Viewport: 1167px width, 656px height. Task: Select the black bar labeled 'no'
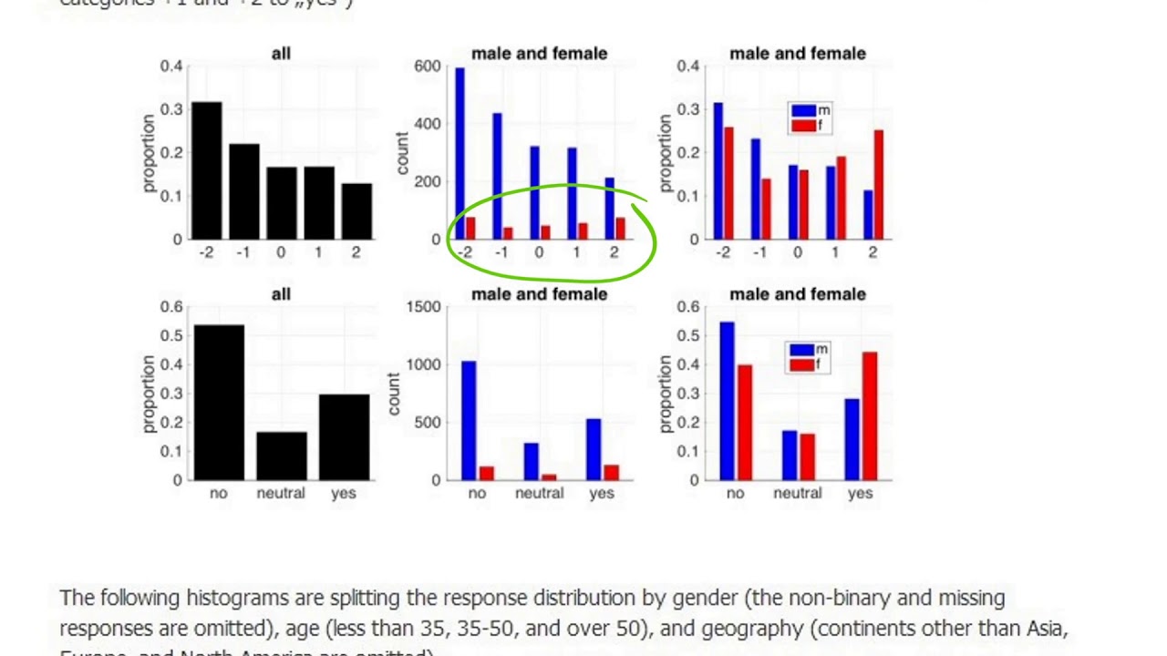[218, 402]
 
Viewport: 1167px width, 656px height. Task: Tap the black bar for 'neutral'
[281, 456]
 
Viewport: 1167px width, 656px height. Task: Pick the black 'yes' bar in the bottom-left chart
[344, 437]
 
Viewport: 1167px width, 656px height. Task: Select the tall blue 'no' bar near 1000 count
[469, 420]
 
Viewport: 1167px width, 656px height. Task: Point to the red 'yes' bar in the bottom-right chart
[869, 415]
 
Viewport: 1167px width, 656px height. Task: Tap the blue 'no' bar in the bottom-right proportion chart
[727, 401]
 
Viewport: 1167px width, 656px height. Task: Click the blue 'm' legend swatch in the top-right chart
[803, 111]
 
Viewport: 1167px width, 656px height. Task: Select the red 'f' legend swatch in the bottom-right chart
[801, 364]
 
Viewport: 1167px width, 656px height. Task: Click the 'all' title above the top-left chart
[281, 54]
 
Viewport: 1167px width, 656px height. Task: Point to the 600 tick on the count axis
[427, 67]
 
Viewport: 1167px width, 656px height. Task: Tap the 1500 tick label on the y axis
[423, 307]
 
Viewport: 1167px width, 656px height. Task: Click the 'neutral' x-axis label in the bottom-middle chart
[539, 493]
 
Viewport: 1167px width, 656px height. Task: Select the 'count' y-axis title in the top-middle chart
[401, 153]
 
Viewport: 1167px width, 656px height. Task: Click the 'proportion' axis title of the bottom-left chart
[148, 394]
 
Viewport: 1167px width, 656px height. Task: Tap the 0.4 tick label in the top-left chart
[171, 67]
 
